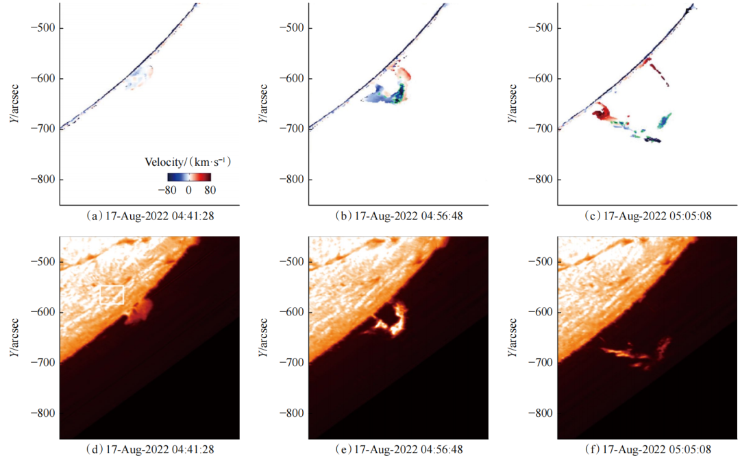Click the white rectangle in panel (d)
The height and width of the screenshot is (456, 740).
(x=112, y=294)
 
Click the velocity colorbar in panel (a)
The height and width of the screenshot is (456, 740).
(x=189, y=176)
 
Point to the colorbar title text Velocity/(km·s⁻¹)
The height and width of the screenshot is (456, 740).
(x=186, y=163)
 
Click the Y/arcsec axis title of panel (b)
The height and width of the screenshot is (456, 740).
(x=262, y=104)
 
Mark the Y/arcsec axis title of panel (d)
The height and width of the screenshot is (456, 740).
(x=14, y=337)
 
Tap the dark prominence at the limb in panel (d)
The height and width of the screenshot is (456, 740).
(x=140, y=312)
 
